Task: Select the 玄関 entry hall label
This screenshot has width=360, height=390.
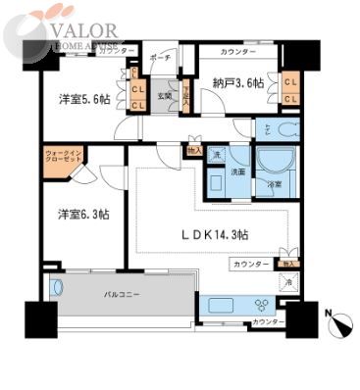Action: tap(165, 96)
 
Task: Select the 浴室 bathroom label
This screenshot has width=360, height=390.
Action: tap(268, 184)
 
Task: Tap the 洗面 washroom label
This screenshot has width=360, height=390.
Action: tap(237, 171)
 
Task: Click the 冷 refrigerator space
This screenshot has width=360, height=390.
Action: tap(287, 282)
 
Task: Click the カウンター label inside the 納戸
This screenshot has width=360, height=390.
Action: tap(238, 51)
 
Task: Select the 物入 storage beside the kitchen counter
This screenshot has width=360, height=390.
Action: tap(286, 264)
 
